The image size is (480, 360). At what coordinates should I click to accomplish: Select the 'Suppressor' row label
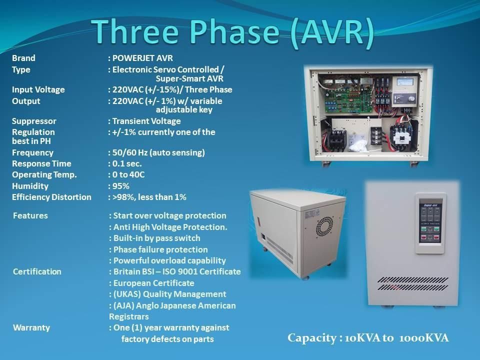pyautogui.click(x=34, y=121)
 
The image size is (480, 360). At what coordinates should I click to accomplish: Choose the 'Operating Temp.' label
pyautogui.click(x=44, y=174)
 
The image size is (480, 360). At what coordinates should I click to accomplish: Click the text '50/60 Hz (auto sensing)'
pyautogui.click(x=158, y=152)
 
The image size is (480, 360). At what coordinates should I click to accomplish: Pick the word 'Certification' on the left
pyautogui.click(x=37, y=271)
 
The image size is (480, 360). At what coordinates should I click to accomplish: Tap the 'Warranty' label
pyautogui.click(x=31, y=327)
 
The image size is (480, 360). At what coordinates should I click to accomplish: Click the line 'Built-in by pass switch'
pyautogui.click(x=156, y=238)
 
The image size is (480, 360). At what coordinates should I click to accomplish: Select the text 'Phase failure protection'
pyautogui.click(x=160, y=249)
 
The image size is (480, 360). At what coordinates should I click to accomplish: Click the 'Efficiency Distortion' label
pyautogui.click(x=51, y=197)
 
